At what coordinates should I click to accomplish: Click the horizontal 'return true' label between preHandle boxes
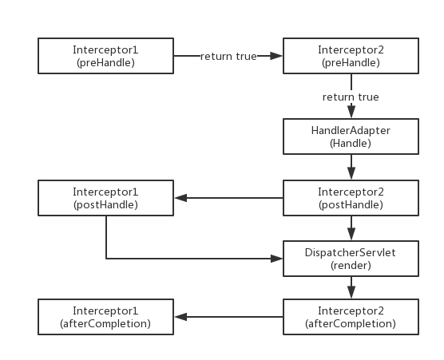(x=228, y=57)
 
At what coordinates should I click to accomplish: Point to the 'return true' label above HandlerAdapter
(x=351, y=97)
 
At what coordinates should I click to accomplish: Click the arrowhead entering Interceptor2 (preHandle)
(x=276, y=56)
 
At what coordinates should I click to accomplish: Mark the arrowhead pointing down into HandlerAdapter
(x=351, y=111)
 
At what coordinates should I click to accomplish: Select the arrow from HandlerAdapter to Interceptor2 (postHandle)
(x=351, y=167)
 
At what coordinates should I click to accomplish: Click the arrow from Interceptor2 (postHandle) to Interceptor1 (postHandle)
(x=229, y=198)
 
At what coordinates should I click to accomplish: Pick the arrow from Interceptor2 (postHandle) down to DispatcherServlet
(x=351, y=228)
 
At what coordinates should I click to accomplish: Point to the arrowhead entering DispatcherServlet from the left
(x=276, y=259)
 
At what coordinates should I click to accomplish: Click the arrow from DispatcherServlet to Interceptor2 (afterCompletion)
(x=351, y=287)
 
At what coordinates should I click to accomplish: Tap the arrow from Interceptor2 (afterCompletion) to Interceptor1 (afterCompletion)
(x=229, y=317)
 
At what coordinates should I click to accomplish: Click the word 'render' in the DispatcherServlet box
(x=351, y=266)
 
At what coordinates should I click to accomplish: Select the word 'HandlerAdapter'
(x=351, y=131)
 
